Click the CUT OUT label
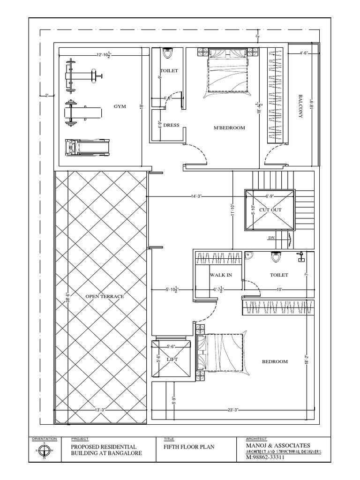pos(270,210)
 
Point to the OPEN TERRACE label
pos(105,296)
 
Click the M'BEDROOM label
pos(229,127)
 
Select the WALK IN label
pos(221,275)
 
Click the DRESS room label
pos(168,126)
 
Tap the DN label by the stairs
pos(271,238)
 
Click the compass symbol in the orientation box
pos(44,450)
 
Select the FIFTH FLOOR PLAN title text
pos(189,447)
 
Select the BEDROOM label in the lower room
pos(275,361)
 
